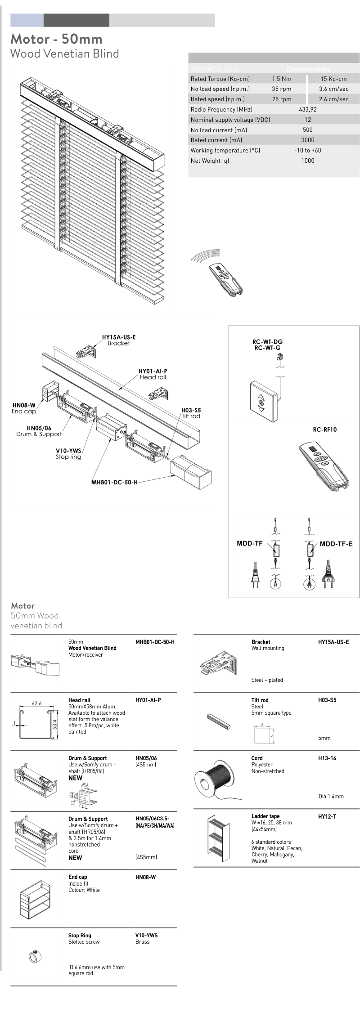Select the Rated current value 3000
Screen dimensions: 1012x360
click(x=308, y=140)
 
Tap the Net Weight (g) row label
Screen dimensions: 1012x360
click(x=210, y=161)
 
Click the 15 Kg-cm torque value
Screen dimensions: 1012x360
click(x=333, y=79)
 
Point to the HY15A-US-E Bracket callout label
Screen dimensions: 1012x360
click(x=119, y=340)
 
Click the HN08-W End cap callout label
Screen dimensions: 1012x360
click(x=24, y=408)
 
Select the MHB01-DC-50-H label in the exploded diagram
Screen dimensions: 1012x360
click(x=114, y=482)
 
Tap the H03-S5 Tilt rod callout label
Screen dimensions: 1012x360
click(x=191, y=413)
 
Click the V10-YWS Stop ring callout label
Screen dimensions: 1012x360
click(x=68, y=453)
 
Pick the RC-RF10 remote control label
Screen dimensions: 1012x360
click(x=324, y=430)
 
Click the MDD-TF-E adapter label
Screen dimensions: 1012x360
click(x=336, y=544)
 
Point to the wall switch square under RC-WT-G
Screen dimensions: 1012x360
click(x=264, y=401)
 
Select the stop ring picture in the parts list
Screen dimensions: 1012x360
click(x=35, y=957)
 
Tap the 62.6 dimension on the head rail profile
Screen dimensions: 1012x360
click(x=36, y=703)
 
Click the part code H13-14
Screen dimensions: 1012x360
click(x=327, y=758)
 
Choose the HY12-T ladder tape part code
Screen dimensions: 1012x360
click(x=327, y=816)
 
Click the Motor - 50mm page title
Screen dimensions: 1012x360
click(x=56, y=39)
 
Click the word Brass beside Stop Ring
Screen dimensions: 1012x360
click(x=142, y=942)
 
